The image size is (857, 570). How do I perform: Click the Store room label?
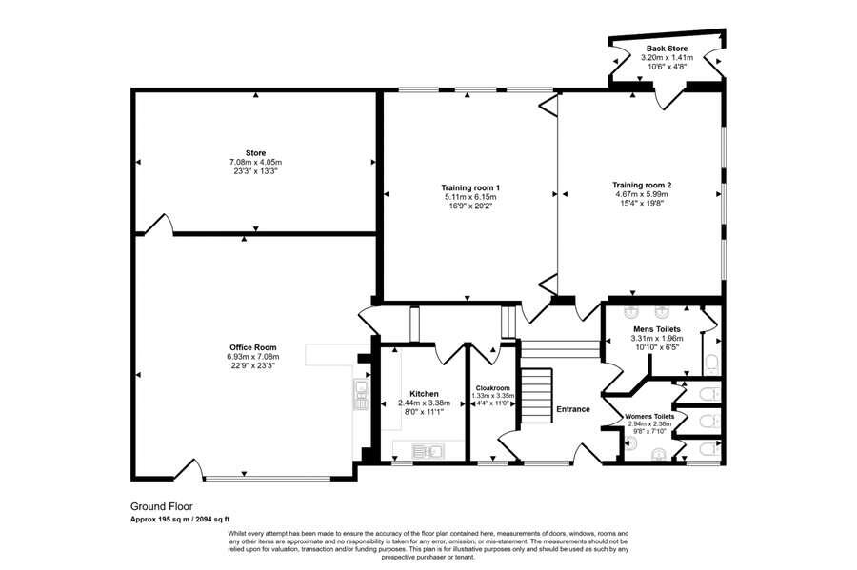click(x=254, y=152)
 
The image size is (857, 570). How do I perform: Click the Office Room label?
click(x=252, y=346)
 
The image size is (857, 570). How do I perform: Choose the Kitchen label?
click(x=424, y=393)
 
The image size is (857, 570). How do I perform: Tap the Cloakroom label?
click(x=493, y=388)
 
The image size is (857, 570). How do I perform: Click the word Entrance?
click(x=573, y=409)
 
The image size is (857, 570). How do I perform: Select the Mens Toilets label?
click(x=656, y=328)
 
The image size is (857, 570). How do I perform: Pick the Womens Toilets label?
click(x=650, y=417)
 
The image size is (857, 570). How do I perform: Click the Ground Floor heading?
click(x=162, y=507)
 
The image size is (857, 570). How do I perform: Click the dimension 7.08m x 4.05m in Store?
click(x=254, y=162)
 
